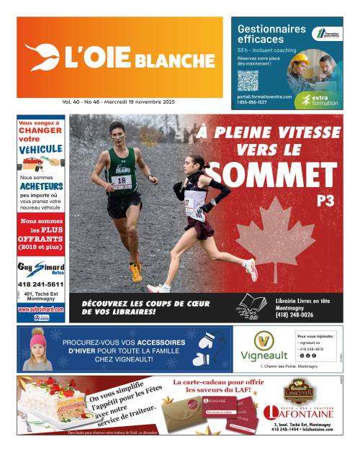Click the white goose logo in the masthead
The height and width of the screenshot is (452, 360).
(x=41, y=58)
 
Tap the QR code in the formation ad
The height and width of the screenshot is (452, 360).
(x=248, y=80)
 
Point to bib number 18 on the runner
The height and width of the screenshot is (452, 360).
(x=122, y=180)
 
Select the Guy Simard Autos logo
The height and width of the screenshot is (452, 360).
(x=41, y=268)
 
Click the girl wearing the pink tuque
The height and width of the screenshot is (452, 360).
(x=37, y=351)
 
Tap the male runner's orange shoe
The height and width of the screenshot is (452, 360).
(x=135, y=271)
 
